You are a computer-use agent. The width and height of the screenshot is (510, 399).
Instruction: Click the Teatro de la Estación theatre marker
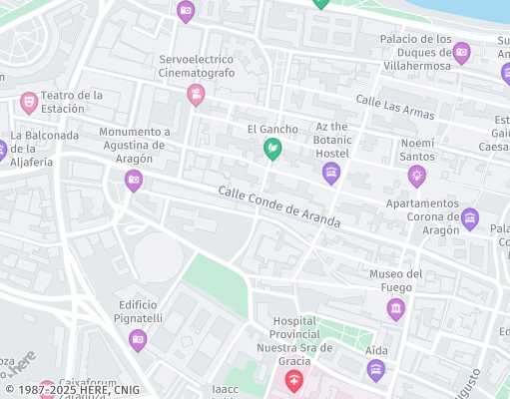pyautogui.click(x=29, y=102)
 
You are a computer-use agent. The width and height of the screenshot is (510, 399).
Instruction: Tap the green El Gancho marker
pyautogui.click(x=271, y=149)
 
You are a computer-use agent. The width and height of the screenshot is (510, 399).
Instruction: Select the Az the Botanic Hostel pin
pyautogui.click(x=331, y=174)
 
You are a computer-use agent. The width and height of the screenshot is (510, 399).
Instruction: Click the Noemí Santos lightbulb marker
pyautogui.click(x=416, y=177)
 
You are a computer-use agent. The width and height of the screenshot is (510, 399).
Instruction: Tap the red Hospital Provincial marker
pyautogui.click(x=293, y=379)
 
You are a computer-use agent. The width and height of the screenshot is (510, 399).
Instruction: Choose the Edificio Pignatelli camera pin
pyautogui.click(x=138, y=340)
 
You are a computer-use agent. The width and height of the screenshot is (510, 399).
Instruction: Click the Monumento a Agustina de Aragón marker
pyautogui.click(x=134, y=181)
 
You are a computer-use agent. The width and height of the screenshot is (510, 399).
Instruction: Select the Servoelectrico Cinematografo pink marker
pyautogui.click(x=196, y=95)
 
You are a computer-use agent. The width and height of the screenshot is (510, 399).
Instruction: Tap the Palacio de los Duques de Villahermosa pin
pyautogui.click(x=461, y=53)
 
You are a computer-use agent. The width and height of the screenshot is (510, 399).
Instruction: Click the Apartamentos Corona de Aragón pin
pyautogui.click(x=470, y=219)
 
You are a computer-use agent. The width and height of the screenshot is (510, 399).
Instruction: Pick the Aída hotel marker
pyautogui.click(x=376, y=371)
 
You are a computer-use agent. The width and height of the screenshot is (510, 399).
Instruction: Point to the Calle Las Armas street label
pyautogui.click(x=396, y=106)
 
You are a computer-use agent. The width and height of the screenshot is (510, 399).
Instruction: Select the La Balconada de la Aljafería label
pyautogui.click(x=45, y=149)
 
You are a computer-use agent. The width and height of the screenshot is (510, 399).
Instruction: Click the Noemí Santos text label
pyautogui.click(x=417, y=150)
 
